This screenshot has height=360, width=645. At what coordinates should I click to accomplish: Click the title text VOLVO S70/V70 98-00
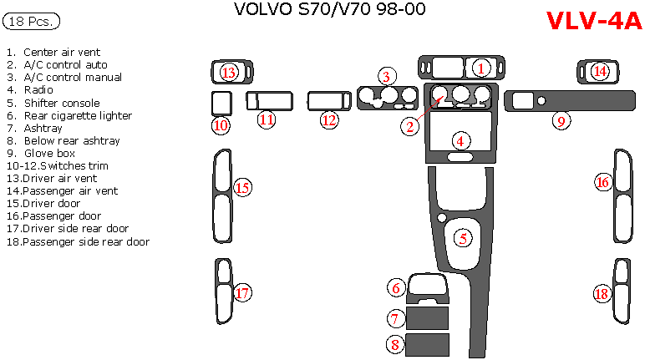click(x=329, y=10)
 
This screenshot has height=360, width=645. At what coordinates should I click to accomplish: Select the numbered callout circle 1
click(x=481, y=68)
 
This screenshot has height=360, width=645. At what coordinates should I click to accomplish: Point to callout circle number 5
click(x=463, y=238)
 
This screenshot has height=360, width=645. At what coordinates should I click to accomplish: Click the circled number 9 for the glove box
click(x=562, y=121)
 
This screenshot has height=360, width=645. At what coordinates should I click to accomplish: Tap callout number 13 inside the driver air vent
click(x=229, y=73)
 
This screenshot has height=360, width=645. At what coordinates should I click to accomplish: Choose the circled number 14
click(x=599, y=72)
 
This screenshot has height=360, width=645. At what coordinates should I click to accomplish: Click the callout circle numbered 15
click(x=242, y=187)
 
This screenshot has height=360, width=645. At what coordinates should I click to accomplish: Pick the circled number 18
click(x=602, y=293)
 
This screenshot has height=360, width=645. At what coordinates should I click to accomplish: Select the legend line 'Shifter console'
click(x=62, y=103)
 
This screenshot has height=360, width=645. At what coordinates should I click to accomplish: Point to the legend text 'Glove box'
click(x=49, y=153)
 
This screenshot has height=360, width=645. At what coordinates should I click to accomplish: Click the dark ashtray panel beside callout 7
click(x=427, y=317)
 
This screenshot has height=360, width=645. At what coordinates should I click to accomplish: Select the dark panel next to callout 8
click(x=427, y=344)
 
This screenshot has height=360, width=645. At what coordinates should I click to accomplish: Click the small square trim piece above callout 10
click(x=221, y=102)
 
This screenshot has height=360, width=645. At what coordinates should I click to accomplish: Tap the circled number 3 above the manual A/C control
click(x=385, y=77)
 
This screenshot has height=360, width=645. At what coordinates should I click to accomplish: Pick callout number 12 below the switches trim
click(x=329, y=120)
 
